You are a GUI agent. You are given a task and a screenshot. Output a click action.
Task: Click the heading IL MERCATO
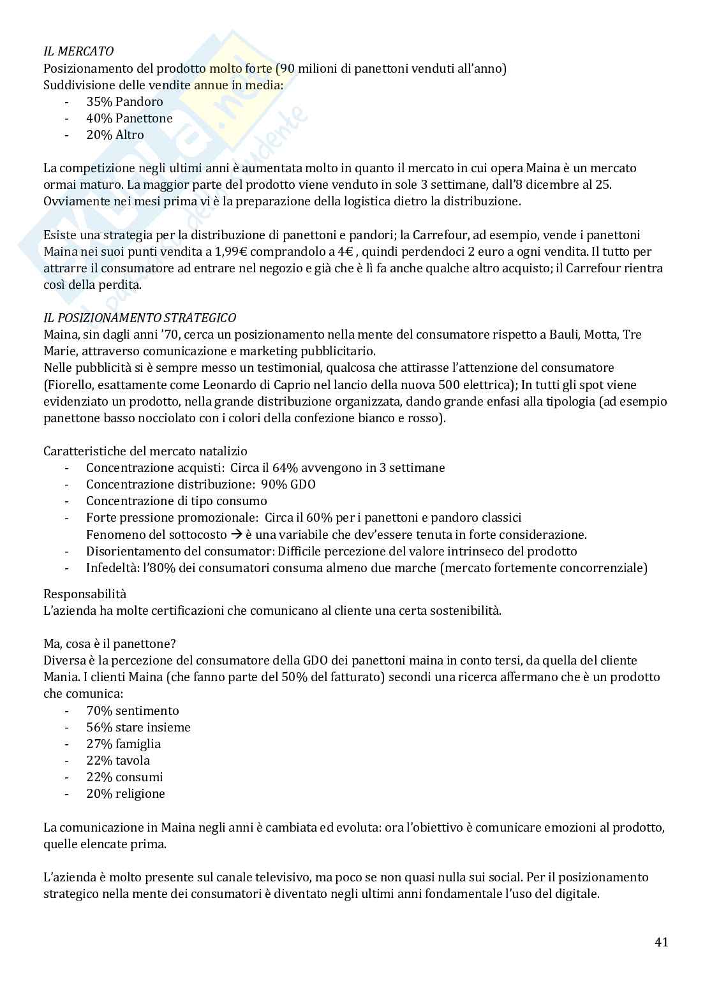[78, 52]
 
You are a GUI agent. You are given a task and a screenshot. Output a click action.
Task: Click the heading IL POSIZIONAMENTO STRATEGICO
[139, 318]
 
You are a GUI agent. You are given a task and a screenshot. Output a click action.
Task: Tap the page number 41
[661, 942]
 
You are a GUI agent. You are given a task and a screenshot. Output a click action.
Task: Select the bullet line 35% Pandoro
[124, 101]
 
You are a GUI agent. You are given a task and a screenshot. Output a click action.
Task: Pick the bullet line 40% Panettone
[129, 118]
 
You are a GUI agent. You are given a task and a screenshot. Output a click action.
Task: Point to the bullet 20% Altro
[115, 135]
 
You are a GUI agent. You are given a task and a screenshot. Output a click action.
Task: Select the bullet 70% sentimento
[132, 710]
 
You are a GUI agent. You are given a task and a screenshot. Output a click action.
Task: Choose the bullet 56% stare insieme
[138, 727]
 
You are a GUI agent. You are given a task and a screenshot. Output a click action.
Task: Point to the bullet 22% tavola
[118, 760]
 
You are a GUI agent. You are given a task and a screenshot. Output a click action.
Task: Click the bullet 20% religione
[125, 793]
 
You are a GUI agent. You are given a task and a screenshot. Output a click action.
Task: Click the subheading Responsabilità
[85, 594]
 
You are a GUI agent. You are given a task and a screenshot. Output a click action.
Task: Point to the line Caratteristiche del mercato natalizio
[145, 451]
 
